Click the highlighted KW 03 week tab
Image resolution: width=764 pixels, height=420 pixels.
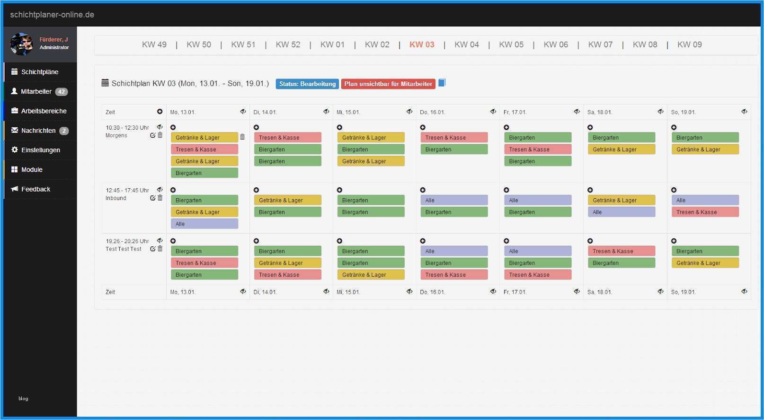pyautogui.click(x=421, y=44)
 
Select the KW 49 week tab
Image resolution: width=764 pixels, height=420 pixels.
pyautogui.click(x=154, y=44)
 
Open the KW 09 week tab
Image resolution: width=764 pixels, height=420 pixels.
pyautogui.click(x=689, y=44)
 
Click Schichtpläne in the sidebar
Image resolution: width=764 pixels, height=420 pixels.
pyautogui.click(x=40, y=72)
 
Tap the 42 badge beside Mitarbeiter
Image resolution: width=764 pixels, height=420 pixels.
pyautogui.click(x=62, y=92)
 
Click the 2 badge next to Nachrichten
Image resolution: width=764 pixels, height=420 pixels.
pyautogui.click(x=64, y=131)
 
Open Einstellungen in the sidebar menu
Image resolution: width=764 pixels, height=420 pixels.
pyautogui.click(x=40, y=150)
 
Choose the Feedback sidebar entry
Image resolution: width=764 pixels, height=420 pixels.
pyautogui.click(x=36, y=189)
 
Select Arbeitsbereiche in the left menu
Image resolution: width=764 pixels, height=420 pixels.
pyautogui.click(x=44, y=111)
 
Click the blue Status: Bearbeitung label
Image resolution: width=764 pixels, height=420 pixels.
pyautogui.click(x=307, y=84)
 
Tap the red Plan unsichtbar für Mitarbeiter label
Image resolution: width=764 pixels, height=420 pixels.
pyautogui.click(x=388, y=84)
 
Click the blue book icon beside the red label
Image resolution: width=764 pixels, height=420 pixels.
pyautogui.click(x=442, y=83)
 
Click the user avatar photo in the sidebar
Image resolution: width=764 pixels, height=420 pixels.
pyautogui.click(x=21, y=44)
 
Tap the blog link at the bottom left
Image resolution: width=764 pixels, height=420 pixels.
pyautogui.click(x=23, y=398)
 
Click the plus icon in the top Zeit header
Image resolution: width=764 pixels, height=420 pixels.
pyautogui.click(x=160, y=112)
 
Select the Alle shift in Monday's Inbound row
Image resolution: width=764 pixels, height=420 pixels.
pyautogui.click(x=204, y=224)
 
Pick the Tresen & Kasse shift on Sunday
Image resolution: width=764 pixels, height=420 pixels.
pyautogui.click(x=705, y=212)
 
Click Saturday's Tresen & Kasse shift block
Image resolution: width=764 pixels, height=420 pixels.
pyautogui.click(x=621, y=251)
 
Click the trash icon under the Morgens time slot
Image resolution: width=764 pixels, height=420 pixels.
pyautogui.click(x=160, y=135)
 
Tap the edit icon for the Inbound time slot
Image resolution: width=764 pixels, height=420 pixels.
pyautogui.click(x=152, y=198)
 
